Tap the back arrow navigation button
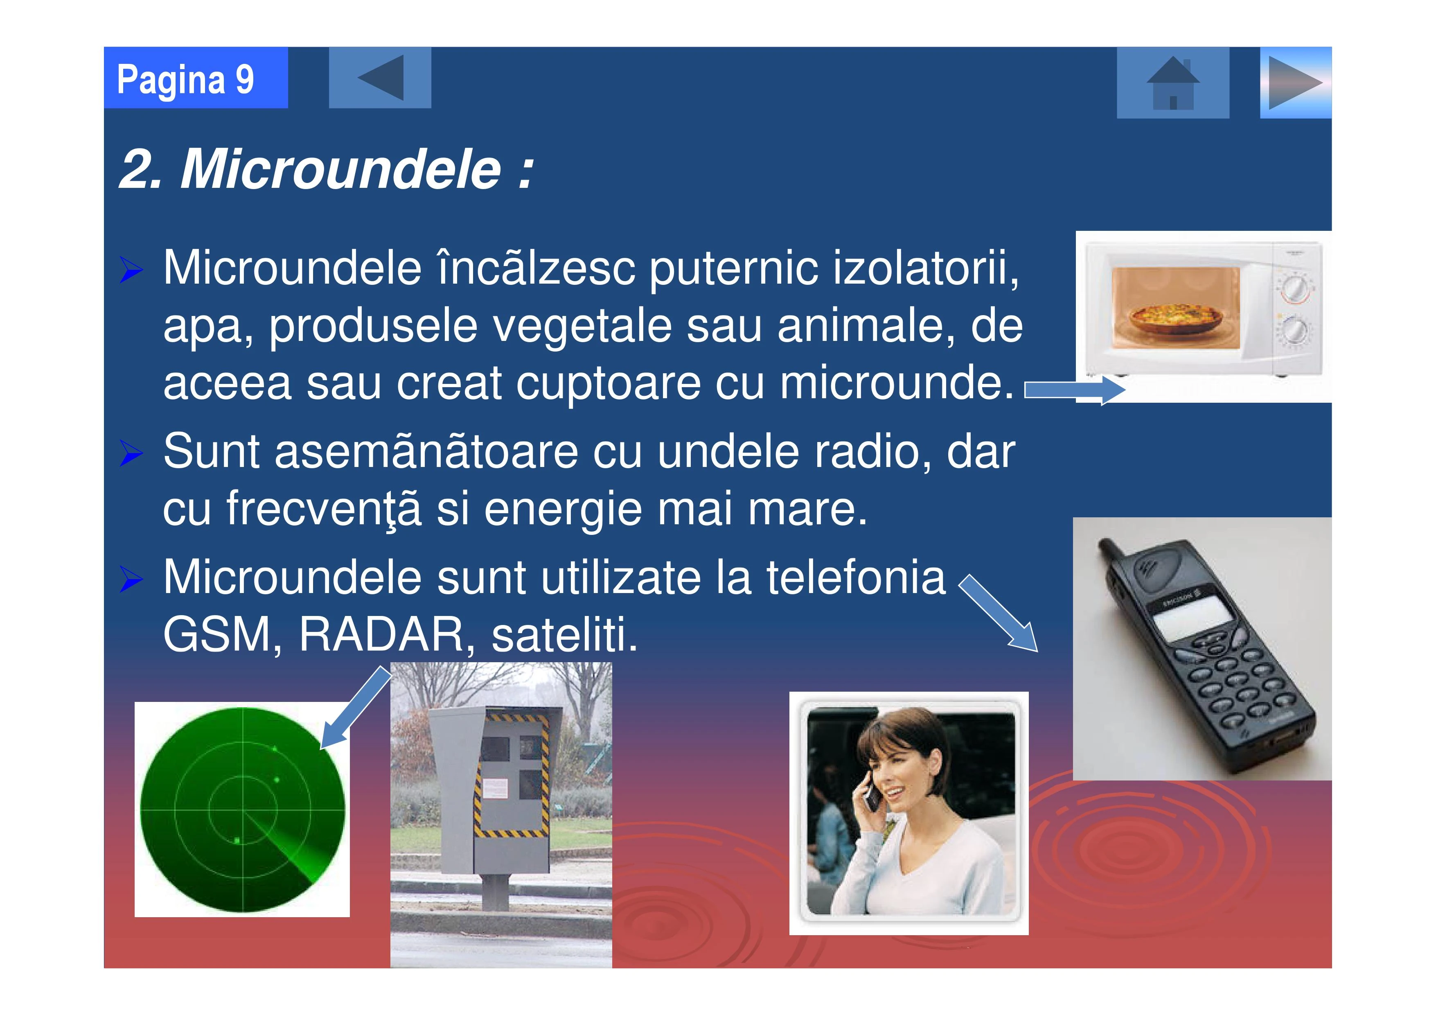380,77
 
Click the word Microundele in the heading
341,169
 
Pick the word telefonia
856,576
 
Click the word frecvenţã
324,508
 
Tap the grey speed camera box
495,789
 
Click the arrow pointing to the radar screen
355,707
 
